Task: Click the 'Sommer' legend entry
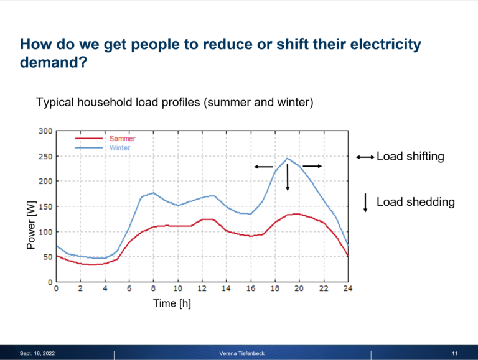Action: coord(122,139)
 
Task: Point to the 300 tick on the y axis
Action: coord(45,131)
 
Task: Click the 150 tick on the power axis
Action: coord(45,206)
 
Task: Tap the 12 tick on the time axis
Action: coord(202,289)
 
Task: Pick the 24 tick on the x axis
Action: coord(347,289)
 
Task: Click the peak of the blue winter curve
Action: coord(287,159)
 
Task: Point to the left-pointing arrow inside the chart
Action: coord(263,167)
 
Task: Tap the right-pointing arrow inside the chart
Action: coord(312,166)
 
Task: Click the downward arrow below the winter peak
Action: coord(288,178)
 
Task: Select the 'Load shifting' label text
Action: coord(410,157)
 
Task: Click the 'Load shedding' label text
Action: coord(415,202)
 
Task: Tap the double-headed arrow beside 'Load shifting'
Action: coord(364,157)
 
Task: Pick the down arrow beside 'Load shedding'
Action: coord(365,203)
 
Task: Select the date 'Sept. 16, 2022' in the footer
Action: coord(37,353)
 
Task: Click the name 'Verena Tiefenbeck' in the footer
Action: coord(242,353)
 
